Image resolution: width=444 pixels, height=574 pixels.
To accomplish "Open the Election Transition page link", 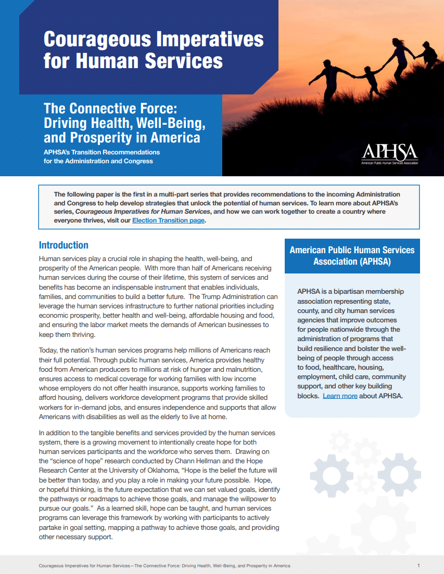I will (169, 220).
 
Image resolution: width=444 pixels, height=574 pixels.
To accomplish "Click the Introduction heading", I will (64, 245).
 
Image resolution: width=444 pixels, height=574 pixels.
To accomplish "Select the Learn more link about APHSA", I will (340, 396).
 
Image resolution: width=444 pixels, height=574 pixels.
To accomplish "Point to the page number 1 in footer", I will (418, 565).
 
